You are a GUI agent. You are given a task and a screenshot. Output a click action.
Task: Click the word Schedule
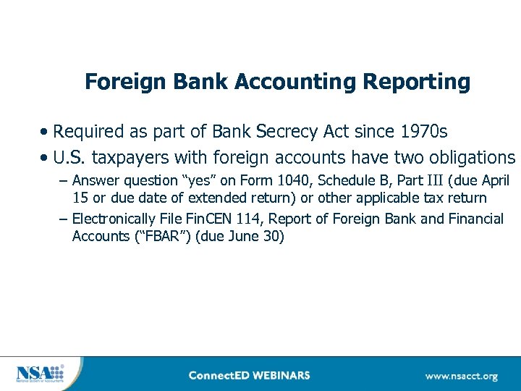pos(349,181)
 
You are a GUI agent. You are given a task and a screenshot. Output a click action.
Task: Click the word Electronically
pos(117,219)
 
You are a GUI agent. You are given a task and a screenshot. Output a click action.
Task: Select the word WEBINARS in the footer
pos(279,376)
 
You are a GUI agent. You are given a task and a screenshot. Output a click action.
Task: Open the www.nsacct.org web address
pos(461,376)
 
